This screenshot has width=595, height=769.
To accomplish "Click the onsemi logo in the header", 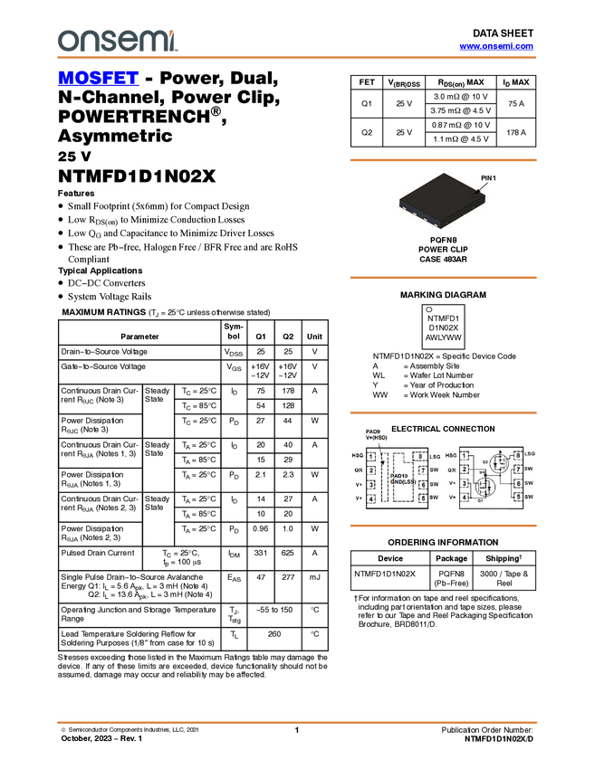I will pyautogui.click(x=118, y=41).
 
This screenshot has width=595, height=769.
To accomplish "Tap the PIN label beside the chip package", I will pyautogui.click(x=485, y=179).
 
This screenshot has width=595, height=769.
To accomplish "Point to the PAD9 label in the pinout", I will pyautogui.click(x=372, y=432).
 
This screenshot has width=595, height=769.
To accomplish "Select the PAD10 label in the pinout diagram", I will pyautogui.click(x=399, y=475).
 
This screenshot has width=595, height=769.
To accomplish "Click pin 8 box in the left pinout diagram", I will pyautogui.click(x=422, y=456).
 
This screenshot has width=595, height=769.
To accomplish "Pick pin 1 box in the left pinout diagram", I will pyautogui.click(x=371, y=456).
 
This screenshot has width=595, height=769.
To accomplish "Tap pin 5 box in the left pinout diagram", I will pyautogui.click(x=422, y=498).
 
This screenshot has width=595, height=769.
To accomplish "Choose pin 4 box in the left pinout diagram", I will pyautogui.click(x=371, y=498).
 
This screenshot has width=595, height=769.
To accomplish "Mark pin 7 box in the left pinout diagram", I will pyautogui.click(x=422, y=470).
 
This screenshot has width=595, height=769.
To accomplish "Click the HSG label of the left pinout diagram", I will pyautogui.click(x=358, y=456).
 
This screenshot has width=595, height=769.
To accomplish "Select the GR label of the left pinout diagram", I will pyautogui.click(x=359, y=470).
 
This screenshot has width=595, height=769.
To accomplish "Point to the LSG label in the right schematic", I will pyautogui.click(x=530, y=453).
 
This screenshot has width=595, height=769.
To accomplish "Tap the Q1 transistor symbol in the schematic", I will pyautogui.click(x=483, y=489).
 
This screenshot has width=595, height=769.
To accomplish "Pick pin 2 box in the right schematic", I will pyautogui.click(x=465, y=470).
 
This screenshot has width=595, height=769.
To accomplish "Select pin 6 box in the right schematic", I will pyautogui.click(x=517, y=483).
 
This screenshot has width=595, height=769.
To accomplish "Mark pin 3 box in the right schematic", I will pyautogui.click(x=465, y=483).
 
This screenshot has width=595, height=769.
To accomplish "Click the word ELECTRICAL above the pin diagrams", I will pyautogui.click(x=415, y=428).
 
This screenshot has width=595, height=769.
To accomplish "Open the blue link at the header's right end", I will pyautogui.click(x=496, y=46).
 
